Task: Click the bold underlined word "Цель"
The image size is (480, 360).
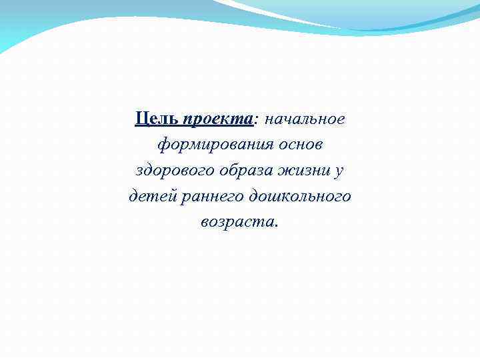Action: tap(157, 119)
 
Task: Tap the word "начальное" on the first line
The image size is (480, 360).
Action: tap(305, 119)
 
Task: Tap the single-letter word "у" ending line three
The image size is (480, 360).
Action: tap(339, 171)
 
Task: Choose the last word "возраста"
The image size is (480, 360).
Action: tap(236, 223)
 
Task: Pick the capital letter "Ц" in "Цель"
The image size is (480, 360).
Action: tap(141, 119)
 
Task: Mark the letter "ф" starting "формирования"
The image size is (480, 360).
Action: tap(163, 145)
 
